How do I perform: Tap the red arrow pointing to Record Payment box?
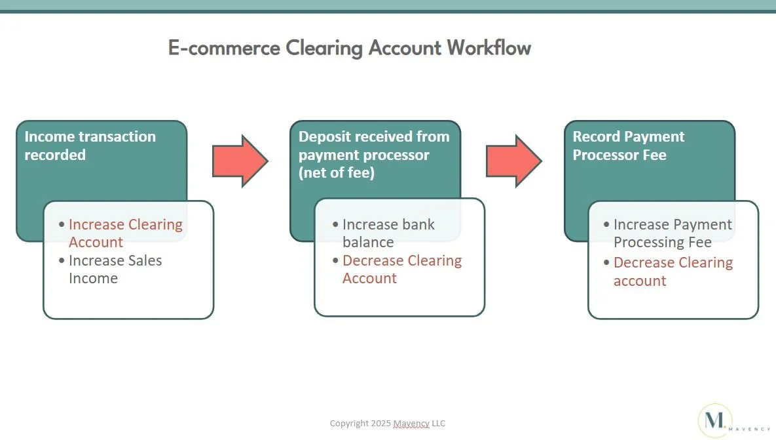[x=513, y=161]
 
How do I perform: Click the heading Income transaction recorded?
[x=90, y=146]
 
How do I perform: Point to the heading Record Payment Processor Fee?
[x=628, y=146]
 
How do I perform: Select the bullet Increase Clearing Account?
[x=125, y=233]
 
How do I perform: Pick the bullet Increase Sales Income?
[x=115, y=269]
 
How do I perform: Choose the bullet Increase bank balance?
[x=388, y=233]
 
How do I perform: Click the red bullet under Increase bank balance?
[x=401, y=269]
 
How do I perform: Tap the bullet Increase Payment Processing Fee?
[x=672, y=233]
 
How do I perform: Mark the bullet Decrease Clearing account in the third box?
[x=673, y=271]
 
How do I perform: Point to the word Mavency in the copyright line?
[x=411, y=424]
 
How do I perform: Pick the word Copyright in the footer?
[x=348, y=424]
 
